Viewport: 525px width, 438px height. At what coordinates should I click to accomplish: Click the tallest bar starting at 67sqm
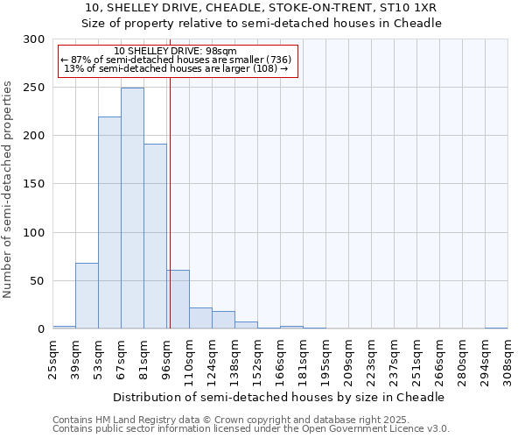(132, 208)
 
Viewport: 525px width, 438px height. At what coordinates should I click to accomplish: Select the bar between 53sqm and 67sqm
(109, 223)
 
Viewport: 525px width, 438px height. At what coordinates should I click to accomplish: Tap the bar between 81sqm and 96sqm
(155, 237)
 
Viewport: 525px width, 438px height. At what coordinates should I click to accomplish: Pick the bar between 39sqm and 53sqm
(87, 296)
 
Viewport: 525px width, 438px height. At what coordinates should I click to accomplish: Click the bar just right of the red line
(178, 300)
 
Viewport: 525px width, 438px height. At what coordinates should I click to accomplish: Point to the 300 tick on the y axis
(35, 39)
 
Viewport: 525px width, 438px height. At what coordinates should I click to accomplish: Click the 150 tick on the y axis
(35, 184)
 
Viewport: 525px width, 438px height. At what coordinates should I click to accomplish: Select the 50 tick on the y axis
(38, 281)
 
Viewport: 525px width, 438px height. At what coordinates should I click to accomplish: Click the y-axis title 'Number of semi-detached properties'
(8, 189)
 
